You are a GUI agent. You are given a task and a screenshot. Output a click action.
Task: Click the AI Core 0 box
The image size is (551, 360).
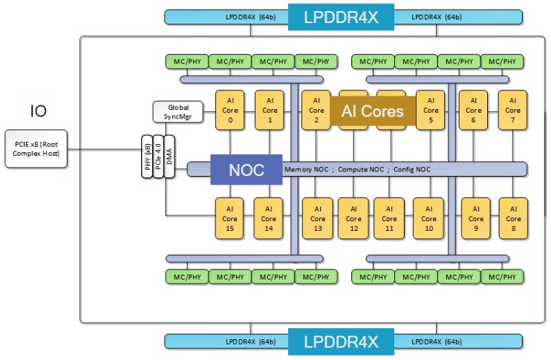(229, 111)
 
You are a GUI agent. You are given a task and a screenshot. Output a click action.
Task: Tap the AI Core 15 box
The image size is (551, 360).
(229, 218)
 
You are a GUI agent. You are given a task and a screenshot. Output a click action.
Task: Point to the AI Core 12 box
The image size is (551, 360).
(353, 218)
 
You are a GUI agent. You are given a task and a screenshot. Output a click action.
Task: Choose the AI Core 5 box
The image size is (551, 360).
(430, 111)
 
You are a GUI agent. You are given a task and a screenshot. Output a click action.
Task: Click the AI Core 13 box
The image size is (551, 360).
(317, 218)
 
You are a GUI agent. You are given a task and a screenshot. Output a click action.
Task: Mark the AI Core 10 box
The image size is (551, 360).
(428, 218)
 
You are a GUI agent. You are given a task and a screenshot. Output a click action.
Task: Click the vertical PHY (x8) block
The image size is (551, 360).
(147, 157)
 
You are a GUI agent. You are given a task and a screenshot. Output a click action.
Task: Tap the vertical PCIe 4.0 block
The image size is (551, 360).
(157, 157)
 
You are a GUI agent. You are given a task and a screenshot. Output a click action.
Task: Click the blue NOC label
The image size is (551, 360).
(246, 169)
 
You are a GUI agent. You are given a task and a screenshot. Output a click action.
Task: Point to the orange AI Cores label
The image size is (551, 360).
(372, 111)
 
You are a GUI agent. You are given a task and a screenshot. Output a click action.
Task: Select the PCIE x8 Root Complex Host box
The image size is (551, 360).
(37, 147)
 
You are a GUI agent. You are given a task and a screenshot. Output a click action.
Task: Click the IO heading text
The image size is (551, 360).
(38, 112)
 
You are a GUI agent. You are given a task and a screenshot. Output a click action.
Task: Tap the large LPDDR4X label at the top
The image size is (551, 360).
(341, 17)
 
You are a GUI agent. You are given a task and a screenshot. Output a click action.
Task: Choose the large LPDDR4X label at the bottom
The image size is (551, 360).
(341, 341)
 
